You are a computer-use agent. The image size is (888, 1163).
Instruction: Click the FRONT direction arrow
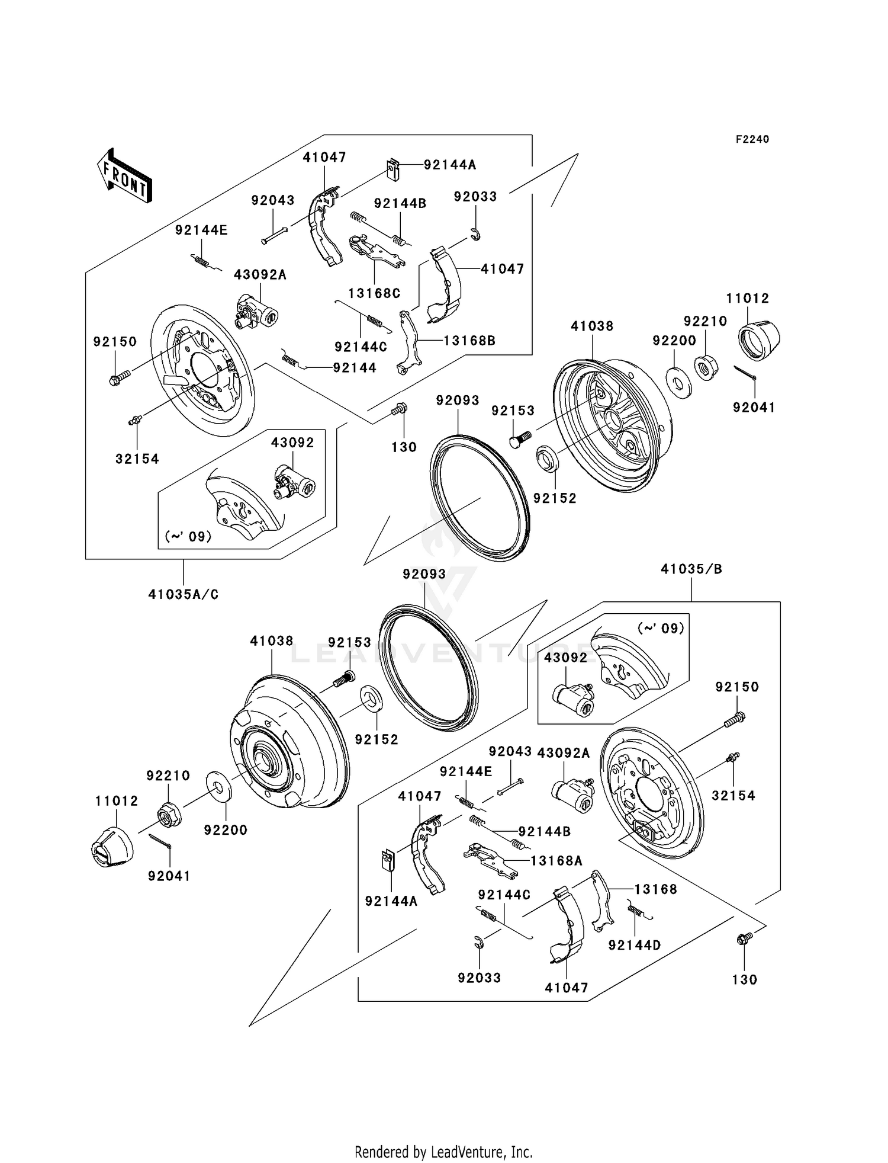125,177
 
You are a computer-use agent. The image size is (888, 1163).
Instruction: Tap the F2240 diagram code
752,139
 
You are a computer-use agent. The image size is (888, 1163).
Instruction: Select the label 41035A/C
183,594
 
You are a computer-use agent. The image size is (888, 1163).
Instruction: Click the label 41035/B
691,569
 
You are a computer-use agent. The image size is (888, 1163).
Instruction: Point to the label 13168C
374,293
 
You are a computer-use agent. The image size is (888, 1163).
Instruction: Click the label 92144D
635,945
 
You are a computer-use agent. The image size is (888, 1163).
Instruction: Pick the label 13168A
556,861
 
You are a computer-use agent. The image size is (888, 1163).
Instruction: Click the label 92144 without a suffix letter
355,368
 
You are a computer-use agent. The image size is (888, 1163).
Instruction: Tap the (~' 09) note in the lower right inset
660,628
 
